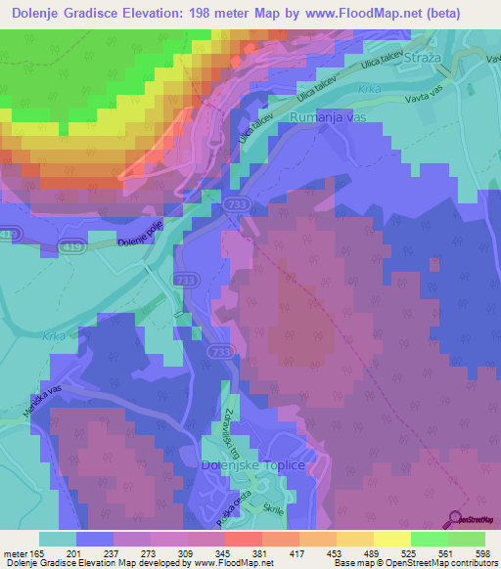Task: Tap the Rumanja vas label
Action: [x=329, y=117]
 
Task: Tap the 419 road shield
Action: [x=10, y=235]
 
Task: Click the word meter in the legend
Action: [x=17, y=554]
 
